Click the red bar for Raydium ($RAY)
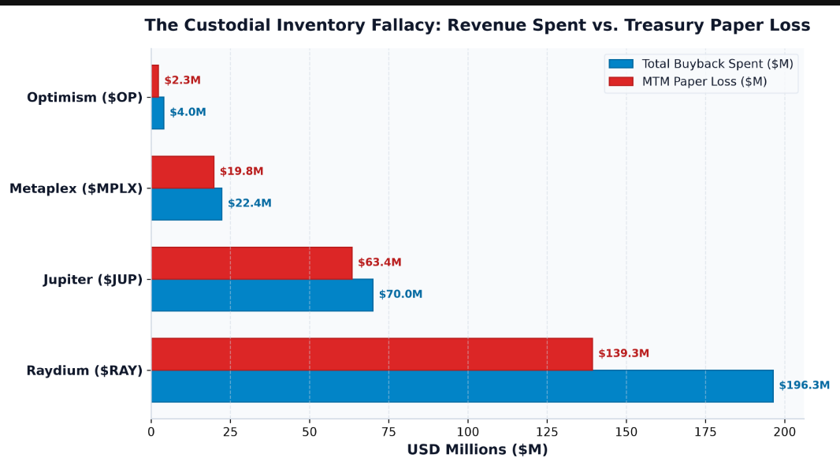coord(372,354)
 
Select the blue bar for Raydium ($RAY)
coord(463,386)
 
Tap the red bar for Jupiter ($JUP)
coord(252,262)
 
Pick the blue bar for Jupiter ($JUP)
coord(262,295)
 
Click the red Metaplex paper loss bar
coord(183,172)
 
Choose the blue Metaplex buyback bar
coord(187,204)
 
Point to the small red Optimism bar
coord(155,81)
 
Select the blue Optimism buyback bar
coord(158,113)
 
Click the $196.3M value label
coord(804,385)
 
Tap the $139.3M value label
coord(623,353)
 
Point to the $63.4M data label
coord(380,262)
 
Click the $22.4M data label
coord(250,203)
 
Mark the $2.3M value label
coord(183,80)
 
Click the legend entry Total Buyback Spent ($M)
coord(701,64)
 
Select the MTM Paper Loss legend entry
coord(688,81)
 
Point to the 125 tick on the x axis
coord(547,432)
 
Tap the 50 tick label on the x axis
coord(310,432)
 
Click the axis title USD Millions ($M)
coord(478,450)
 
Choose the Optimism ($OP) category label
coord(84,98)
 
